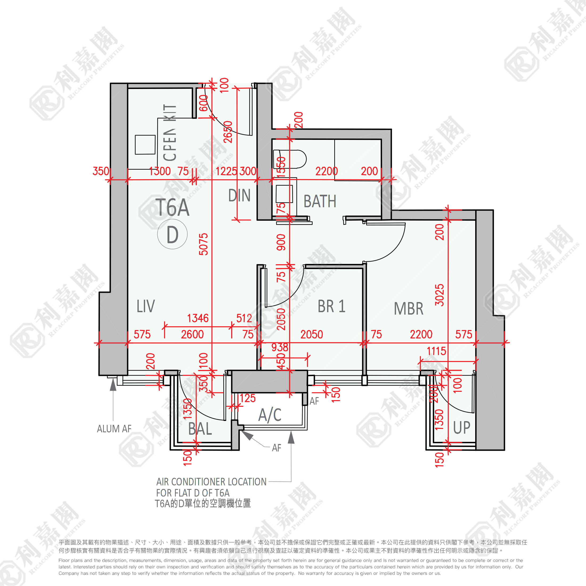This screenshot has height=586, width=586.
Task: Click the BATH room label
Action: pyautogui.click(x=320, y=201)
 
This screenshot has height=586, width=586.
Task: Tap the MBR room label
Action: pyautogui.click(x=408, y=309)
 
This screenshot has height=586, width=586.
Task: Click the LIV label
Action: pyautogui.click(x=146, y=306)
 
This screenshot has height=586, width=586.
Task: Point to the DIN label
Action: pyautogui.click(x=239, y=196)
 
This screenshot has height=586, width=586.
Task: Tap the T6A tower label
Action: pyautogui.click(x=172, y=208)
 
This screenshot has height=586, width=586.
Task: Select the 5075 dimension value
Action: pyautogui.click(x=204, y=244)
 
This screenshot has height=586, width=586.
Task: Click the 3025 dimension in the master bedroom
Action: pyautogui.click(x=439, y=295)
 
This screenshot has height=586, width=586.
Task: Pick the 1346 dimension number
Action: pyautogui.click(x=198, y=318)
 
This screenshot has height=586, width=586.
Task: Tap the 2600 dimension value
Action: pyautogui.click(x=192, y=334)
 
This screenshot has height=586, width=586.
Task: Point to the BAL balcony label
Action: pyautogui.click(x=200, y=429)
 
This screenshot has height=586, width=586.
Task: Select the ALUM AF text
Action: pyautogui.click(x=114, y=429)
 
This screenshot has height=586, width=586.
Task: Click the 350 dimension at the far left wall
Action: pyautogui.click(x=101, y=171)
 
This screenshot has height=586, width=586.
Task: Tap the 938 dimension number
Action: pyautogui.click(x=279, y=347)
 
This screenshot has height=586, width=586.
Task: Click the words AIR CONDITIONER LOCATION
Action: pyautogui.click(x=211, y=482)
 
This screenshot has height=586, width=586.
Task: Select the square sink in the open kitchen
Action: pyautogui.click(x=145, y=145)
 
